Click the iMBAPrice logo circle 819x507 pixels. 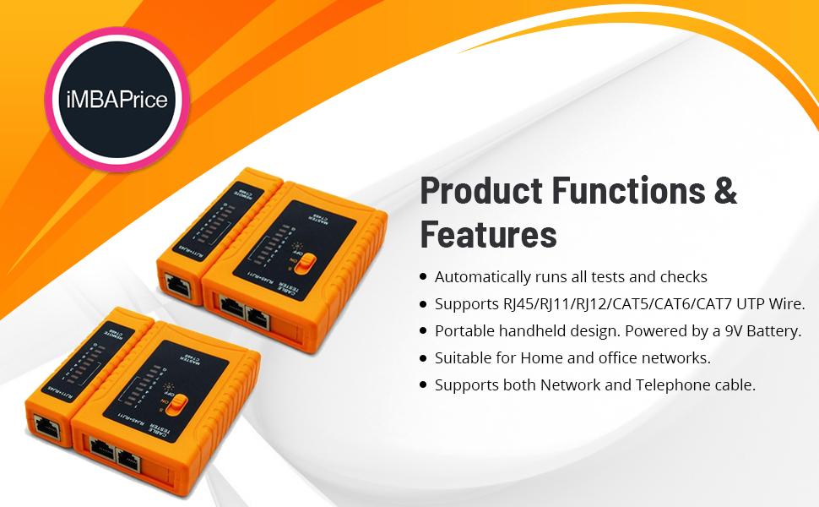(x=117, y=99)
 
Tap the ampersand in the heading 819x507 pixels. (x=725, y=191)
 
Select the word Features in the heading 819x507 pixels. (x=488, y=233)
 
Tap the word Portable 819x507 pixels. (x=464, y=330)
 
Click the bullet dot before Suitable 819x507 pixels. (x=422, y=357)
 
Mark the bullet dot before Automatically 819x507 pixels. (x=422, y=276)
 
